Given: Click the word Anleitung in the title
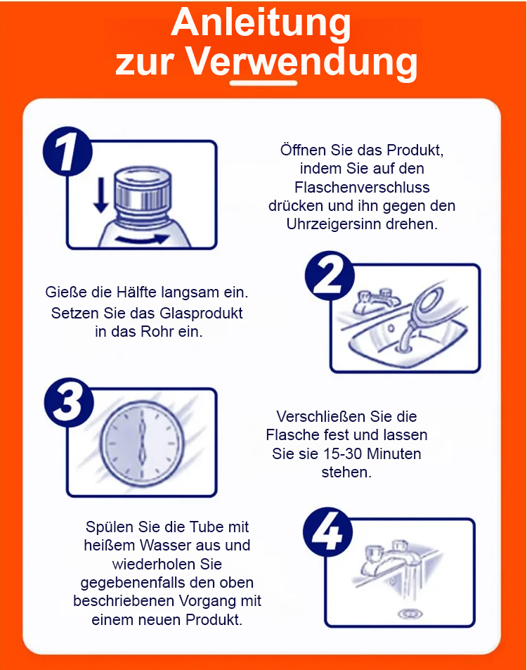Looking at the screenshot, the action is coord(261,22).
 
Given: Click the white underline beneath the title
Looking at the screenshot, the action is coord(263,83).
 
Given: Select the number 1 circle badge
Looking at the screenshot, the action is coord(67,151).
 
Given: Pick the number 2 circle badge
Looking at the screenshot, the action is coord(330,276).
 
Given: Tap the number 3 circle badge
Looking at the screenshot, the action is coord(69,402).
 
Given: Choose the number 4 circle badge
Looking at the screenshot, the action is coord(327,532).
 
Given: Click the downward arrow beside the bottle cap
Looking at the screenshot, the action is coord(101,195).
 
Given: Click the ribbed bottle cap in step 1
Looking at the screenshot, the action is coord(143,190).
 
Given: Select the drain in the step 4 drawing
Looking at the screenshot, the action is coord(410,614).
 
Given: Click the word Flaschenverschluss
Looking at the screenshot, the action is coord(362,187).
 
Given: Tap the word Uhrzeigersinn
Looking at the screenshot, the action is coord(334,224).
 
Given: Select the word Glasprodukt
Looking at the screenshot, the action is coord(195,314).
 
